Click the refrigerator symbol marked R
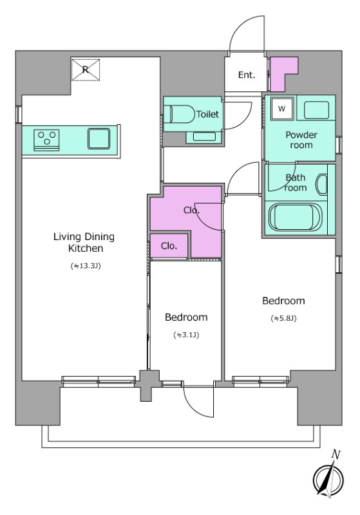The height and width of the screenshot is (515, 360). pyautogui.click(x=86, y=70)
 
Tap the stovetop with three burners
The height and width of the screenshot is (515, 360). pyautogui.click(x=46, y=140)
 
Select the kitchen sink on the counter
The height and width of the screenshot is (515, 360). pyautogui.click(x=99, y=138)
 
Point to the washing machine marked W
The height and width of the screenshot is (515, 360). pyautogui.click(x=282, y=109)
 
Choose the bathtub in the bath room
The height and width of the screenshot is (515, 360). pyautogui.click(x=295, y=218)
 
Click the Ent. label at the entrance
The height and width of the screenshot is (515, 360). pyautogui.click(x=247, y=75)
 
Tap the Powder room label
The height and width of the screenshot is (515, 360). pyautogui.click(x=301, y=140)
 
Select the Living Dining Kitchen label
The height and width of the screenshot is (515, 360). pyautogui.click(x=84, y=243)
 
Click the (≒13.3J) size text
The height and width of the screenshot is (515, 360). pyautogui.click(x=86, y=266)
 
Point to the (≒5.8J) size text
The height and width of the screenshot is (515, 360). pyautogui.click(x=284, y=318)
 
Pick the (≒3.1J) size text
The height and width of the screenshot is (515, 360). pyautogui.click(x=186, y=335)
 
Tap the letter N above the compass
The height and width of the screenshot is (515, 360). pyautogui.click(x=336, y=454)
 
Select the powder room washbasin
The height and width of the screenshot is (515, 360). pyautogui.click(x=317, y=110)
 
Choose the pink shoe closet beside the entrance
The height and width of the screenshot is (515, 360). pyautogui.click(x=283, y=74)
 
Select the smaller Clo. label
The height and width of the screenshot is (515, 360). pyautogui.click(x=169, y=246)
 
